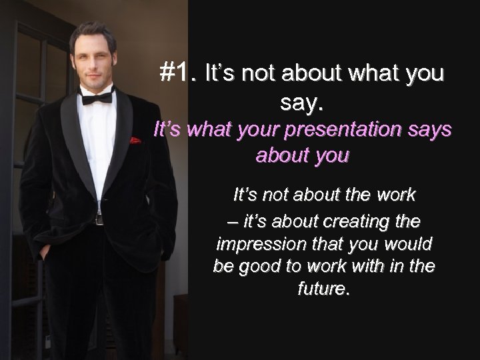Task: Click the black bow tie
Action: pyautogui.click(x=97, y=99)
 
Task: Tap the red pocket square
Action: pyautogui.click(x=135, y=141)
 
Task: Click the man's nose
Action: pyautogui.click(x=97, y=58)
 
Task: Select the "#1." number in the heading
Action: pyautogui.click(x=179, y=73)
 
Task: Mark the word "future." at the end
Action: pyautogui.click(x=323, y=291)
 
